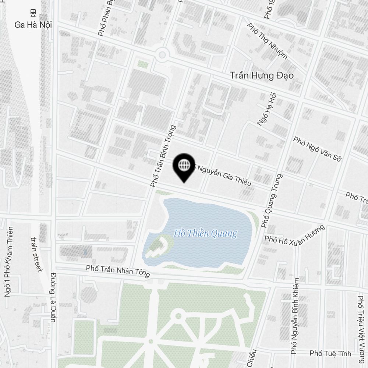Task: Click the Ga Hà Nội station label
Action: (33, 25)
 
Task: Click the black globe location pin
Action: (184, 167)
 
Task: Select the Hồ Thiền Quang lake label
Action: (205, 233)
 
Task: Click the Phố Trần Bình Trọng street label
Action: (163, 156)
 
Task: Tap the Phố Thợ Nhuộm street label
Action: (267, 40)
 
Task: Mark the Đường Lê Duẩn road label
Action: (54, 297)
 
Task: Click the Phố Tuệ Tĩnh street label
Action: (330, 354)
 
